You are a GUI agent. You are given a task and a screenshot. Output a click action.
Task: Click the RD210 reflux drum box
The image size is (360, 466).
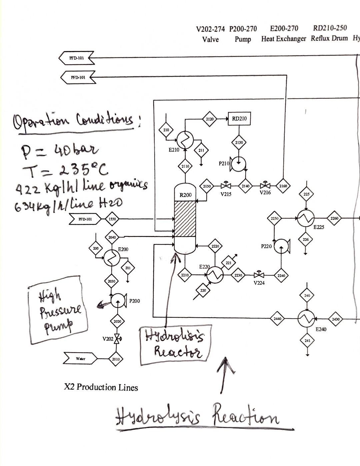tap(239, 119)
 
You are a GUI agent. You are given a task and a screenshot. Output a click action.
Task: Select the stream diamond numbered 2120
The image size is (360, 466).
tap(210, 119)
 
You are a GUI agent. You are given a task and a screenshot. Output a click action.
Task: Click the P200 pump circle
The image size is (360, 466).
tap(117, 301)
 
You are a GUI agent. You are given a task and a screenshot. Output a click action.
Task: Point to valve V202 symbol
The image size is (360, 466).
tap(117, 339)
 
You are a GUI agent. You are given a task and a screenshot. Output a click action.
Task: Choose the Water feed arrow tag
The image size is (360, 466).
tap(80, 359)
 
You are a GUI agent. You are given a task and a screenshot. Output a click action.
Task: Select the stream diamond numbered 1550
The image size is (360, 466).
tap(112, 219)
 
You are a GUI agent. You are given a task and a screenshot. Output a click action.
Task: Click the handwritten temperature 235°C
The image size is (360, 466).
tap(83, 170)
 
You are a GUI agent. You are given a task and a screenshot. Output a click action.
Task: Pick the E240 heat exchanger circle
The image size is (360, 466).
tap(306, 318)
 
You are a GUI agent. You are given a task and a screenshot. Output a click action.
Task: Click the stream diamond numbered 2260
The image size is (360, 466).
tap(334, 218)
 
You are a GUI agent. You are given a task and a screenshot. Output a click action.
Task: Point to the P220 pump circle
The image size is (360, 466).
tap(281, 246)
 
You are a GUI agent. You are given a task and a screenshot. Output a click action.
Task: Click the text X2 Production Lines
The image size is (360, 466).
tap(101, 387)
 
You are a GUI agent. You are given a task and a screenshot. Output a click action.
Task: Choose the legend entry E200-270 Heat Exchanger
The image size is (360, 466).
tap(284, 34)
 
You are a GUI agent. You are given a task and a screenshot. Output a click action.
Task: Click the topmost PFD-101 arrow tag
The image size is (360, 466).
tap(77, 58)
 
